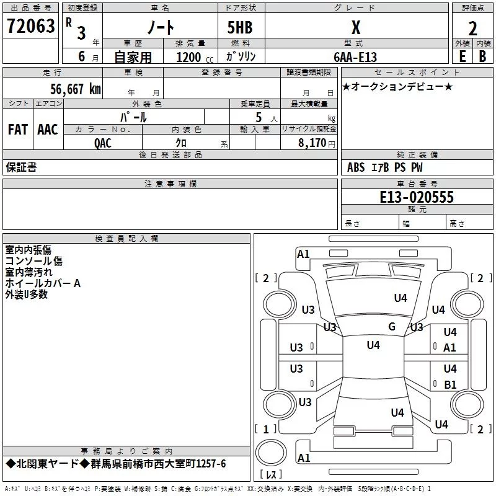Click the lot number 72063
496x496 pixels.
coord(30,25)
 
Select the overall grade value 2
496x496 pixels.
coord(472,29)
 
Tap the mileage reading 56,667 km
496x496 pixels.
coord(76,89)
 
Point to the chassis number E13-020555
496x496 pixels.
coord(417,197)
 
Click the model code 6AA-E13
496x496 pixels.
coord(355,57)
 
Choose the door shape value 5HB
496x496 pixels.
coord(240,27)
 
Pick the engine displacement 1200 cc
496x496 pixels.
coord(195,57)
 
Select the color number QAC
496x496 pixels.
coord(102,143)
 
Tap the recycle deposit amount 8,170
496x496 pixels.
coord(312,143)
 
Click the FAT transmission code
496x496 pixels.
coord(18,130)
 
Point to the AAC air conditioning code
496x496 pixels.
coord(48,130)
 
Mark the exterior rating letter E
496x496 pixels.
coord(462,56)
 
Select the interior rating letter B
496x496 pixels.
coord(482,56)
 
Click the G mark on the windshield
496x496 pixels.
coord(392,326)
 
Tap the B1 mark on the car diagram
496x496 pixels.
coord(450,384)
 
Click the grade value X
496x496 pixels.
coord(356,27)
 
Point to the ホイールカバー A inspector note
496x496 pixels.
coord(43,283)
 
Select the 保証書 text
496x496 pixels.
coord(21,167)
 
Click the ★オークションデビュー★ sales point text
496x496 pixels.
coord(397,86)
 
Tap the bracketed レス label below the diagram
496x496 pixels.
coord(271,474)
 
